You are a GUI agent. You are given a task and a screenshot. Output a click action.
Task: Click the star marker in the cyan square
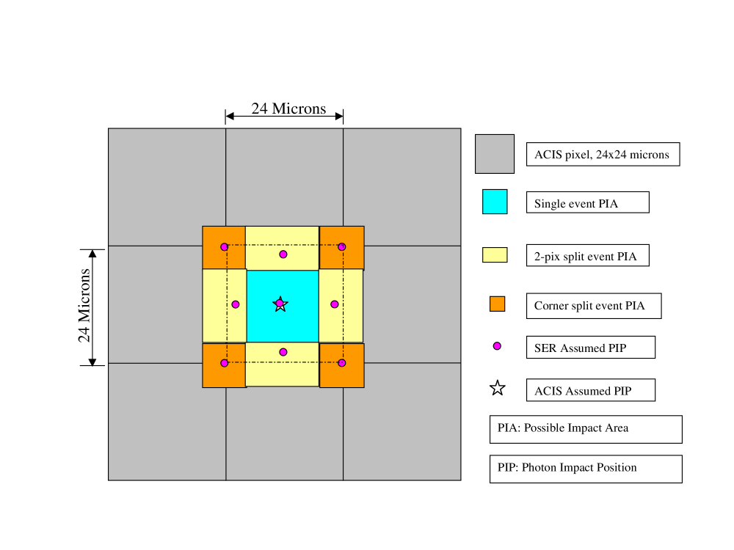pyautogui.click(x=280, y=304)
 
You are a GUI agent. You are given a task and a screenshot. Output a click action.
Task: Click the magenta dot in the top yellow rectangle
pyautogui.click(x=283, y=254)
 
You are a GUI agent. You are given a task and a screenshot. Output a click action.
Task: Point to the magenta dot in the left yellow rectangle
pyautogui.click(x=236, y=304)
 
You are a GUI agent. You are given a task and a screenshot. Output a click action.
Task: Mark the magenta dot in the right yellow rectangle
pyautogui.click(x=335, y=304)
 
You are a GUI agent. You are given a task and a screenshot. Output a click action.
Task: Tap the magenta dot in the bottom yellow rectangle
pyautogui.click(x=283, y=352)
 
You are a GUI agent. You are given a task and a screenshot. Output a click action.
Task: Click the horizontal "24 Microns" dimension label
pyautogui.click(x=288, y=109)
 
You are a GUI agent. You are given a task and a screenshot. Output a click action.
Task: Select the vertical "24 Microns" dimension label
pyautogui.click(x=84, y=306)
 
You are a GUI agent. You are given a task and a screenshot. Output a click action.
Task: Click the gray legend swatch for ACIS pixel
pyautogui.click(x=495, y=154)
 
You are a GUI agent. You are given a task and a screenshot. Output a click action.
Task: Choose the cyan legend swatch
pyautogui.click(x=495, y=202)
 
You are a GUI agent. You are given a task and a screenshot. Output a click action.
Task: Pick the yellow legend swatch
pyautogui.click(x=495, y=254)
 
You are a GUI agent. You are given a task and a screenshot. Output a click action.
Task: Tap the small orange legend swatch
pyautogui.click(x=498, y=304)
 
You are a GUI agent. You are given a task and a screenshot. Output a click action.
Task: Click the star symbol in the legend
pyautogui.click(x=498, y=389)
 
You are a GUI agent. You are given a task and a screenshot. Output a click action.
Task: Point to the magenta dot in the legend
pyautogui.click(x=497, y=346)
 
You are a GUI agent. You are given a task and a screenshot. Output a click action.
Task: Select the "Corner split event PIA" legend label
pyautogui.click(x=593, y=306)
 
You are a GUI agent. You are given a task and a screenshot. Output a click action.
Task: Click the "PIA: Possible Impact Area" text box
pyautogui.click(x=585, y=429)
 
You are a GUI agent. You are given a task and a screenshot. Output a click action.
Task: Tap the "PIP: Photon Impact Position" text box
pyautogui.click(x=585, y=469)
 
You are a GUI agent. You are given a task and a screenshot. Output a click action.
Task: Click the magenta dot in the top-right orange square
pyautogui.click(x=342, y=247)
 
